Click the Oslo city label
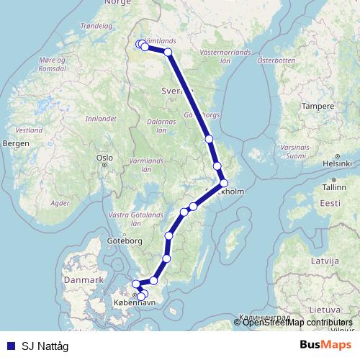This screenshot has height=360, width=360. click(105, 157)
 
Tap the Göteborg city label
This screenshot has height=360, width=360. click(121, 240)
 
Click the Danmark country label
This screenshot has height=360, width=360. click(84, 279)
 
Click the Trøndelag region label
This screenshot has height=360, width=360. click(98, 26)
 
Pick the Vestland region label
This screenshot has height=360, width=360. click(30, 131)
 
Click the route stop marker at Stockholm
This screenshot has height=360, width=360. click(224, 183)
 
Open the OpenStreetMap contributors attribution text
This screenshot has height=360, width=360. click(297, 322)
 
